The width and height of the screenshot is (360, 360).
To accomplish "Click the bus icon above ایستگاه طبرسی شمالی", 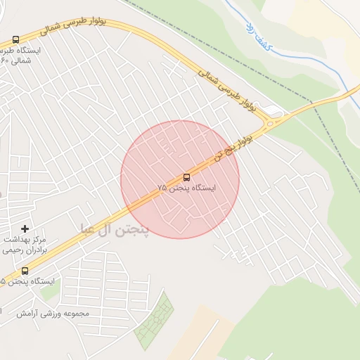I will pos(15,40).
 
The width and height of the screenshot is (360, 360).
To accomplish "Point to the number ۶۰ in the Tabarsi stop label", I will pos(4,60).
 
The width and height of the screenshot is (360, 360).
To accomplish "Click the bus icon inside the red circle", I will pos(186,177).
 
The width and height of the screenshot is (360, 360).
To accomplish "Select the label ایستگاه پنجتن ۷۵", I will pos(186,188).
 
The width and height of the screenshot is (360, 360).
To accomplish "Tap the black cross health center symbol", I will pos(25,229).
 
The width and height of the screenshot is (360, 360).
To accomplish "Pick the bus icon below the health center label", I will pos(25,271).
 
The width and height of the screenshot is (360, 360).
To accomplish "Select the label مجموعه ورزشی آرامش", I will pos(64,313).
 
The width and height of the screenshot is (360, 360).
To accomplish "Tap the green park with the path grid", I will pos(154,321).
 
